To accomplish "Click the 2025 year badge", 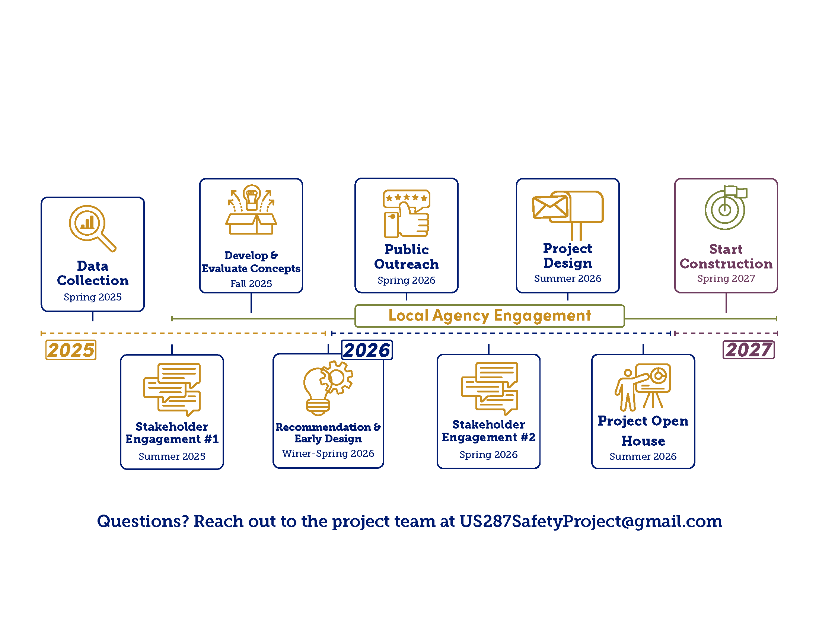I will coord(70,350).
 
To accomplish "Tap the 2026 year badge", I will coord(367,350).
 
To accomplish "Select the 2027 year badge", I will coord(749,350).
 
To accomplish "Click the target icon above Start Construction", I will coord(725,208).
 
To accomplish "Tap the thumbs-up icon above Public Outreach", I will coord(407,214).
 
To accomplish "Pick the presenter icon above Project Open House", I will coord(643,387).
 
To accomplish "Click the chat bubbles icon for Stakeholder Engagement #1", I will coord(172,389).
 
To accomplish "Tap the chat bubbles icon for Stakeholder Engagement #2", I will coord(489,388).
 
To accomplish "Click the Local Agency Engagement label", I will coord(490,316).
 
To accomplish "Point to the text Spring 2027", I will coord(726,279).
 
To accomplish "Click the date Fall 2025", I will coord(251,284).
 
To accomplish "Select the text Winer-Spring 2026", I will coord(328,454).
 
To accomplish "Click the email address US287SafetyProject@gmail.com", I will coord(591,521).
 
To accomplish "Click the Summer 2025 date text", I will coord(172,457).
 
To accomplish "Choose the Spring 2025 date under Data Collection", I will coord(93,297).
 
